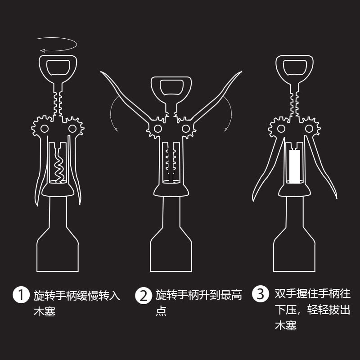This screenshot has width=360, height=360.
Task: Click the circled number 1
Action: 20,296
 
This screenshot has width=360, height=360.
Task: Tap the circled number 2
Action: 143,296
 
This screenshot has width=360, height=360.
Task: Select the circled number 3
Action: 261,295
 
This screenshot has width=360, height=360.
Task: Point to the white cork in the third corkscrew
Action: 295,166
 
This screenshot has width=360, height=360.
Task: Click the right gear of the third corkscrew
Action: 309,129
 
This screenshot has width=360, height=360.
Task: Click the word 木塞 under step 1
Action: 45,311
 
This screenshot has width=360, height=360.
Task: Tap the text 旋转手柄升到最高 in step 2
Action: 198,295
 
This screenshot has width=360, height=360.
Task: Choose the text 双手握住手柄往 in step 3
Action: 312,294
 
